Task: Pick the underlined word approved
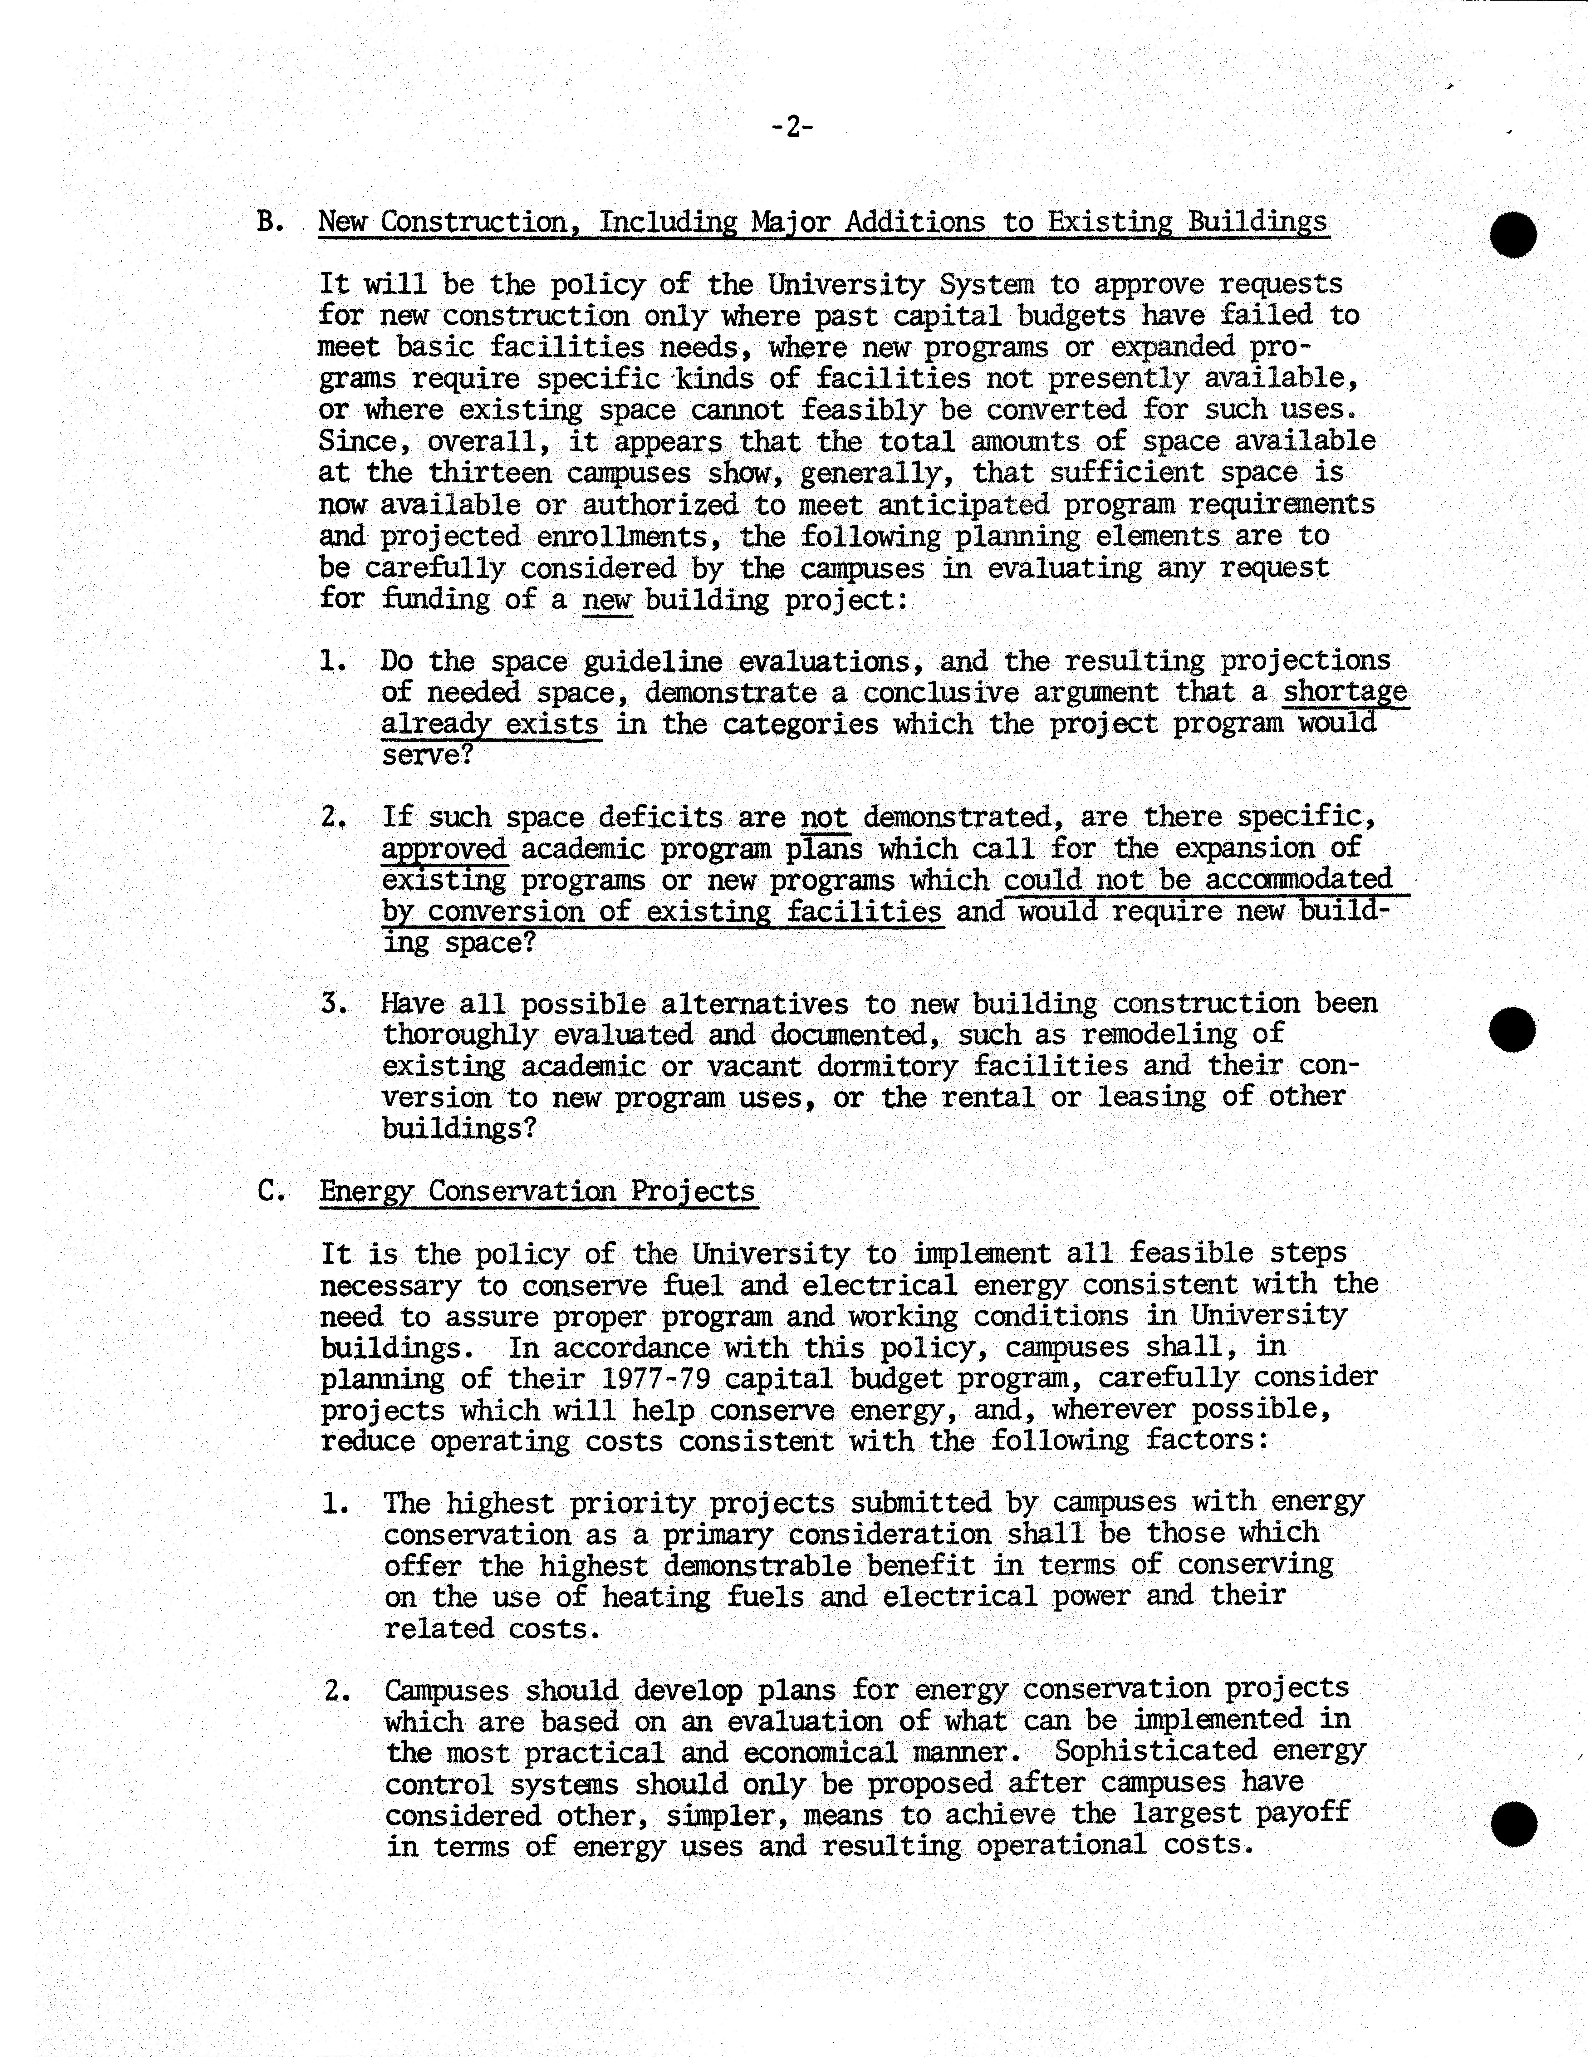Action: click(x=444, y=849)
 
